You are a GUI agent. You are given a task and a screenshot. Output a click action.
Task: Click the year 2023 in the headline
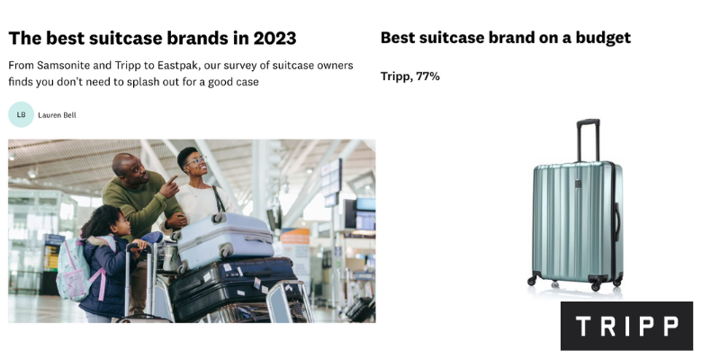click(274, 39)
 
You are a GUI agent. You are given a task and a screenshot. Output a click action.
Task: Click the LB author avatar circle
click(21, 114)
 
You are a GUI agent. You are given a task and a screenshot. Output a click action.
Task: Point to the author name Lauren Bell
click(57, 115)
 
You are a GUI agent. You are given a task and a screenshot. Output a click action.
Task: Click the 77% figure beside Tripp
click(427, 76)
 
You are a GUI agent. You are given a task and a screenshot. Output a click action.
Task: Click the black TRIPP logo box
click(626, 326)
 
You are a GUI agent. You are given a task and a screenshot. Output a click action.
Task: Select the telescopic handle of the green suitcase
click(589, 140)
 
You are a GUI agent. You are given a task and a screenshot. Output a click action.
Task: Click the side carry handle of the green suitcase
click(616, 222)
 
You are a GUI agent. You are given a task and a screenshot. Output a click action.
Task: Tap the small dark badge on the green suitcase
click(578, 184)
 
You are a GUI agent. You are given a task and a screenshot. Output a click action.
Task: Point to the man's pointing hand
click(169, 186)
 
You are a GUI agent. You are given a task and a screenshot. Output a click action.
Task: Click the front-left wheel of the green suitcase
click(532, 281)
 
